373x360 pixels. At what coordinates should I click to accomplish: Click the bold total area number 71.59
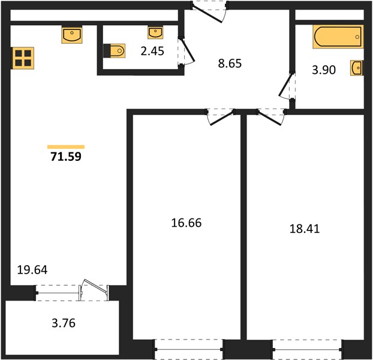(x=66, y=157)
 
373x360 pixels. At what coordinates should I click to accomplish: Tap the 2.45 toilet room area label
(x=152, y=51)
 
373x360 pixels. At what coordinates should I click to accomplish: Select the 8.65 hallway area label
(x=230, y=64)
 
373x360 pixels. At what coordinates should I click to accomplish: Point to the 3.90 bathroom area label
(x=324, y=70)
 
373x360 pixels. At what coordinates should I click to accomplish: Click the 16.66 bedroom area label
(x=186, y=223)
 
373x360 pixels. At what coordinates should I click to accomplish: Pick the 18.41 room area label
(x=305, y=229)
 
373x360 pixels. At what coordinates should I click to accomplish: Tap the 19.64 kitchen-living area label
(x=32, y=270)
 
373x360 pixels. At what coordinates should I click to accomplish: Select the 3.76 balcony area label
(x=64, y=323)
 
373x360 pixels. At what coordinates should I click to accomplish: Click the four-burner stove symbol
(x=23, y=58)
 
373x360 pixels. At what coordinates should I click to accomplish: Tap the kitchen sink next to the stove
(x=72, y=35)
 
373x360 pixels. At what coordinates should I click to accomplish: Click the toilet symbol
(x=115, y=50)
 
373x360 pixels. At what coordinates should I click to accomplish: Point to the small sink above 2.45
(x=155, y=32)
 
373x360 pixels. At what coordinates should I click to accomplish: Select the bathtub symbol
(x=338, y=37)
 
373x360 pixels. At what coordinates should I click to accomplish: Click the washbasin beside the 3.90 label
(x=357, y=68)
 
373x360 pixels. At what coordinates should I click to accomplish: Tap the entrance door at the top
(x=209, y=12)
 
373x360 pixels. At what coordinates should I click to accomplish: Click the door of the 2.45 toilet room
(x=186, y=51)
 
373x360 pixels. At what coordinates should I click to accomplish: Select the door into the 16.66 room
(x=220, y=117)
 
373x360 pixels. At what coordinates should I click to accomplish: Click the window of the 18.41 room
(x=308, y=349)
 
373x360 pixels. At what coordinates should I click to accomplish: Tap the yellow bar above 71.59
(x=66, y=147)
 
